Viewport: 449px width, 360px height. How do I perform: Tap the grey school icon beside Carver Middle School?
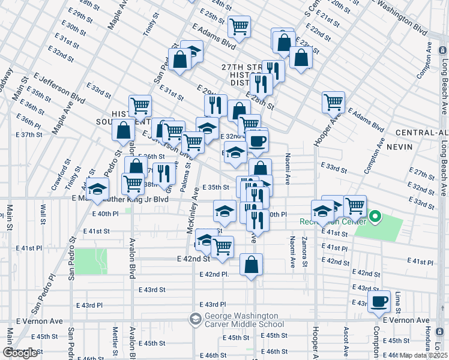point(196,319)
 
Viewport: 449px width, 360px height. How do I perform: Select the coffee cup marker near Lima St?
point(379,302)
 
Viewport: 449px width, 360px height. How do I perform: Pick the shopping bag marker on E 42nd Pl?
point(252,265)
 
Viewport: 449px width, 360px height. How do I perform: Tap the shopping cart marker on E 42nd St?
point(222,247)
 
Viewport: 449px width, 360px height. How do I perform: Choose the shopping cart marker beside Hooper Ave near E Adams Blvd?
point(334,102)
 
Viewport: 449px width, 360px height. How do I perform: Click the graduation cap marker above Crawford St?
point(97,189)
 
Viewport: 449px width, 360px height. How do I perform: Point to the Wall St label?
point(43,213)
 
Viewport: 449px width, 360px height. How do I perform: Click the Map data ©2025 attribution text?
point(424,355)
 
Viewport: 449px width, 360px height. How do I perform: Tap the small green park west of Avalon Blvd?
point(90,262)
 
